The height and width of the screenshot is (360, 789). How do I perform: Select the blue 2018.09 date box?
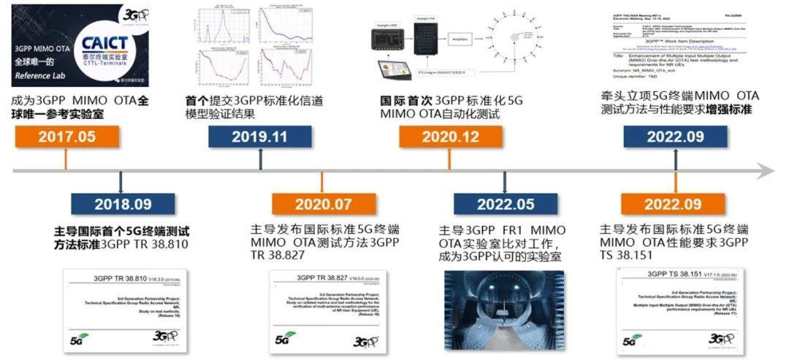(123, 204)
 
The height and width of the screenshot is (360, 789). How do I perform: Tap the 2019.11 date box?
(259, 137)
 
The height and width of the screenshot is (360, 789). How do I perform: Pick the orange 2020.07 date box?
(323, 204)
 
